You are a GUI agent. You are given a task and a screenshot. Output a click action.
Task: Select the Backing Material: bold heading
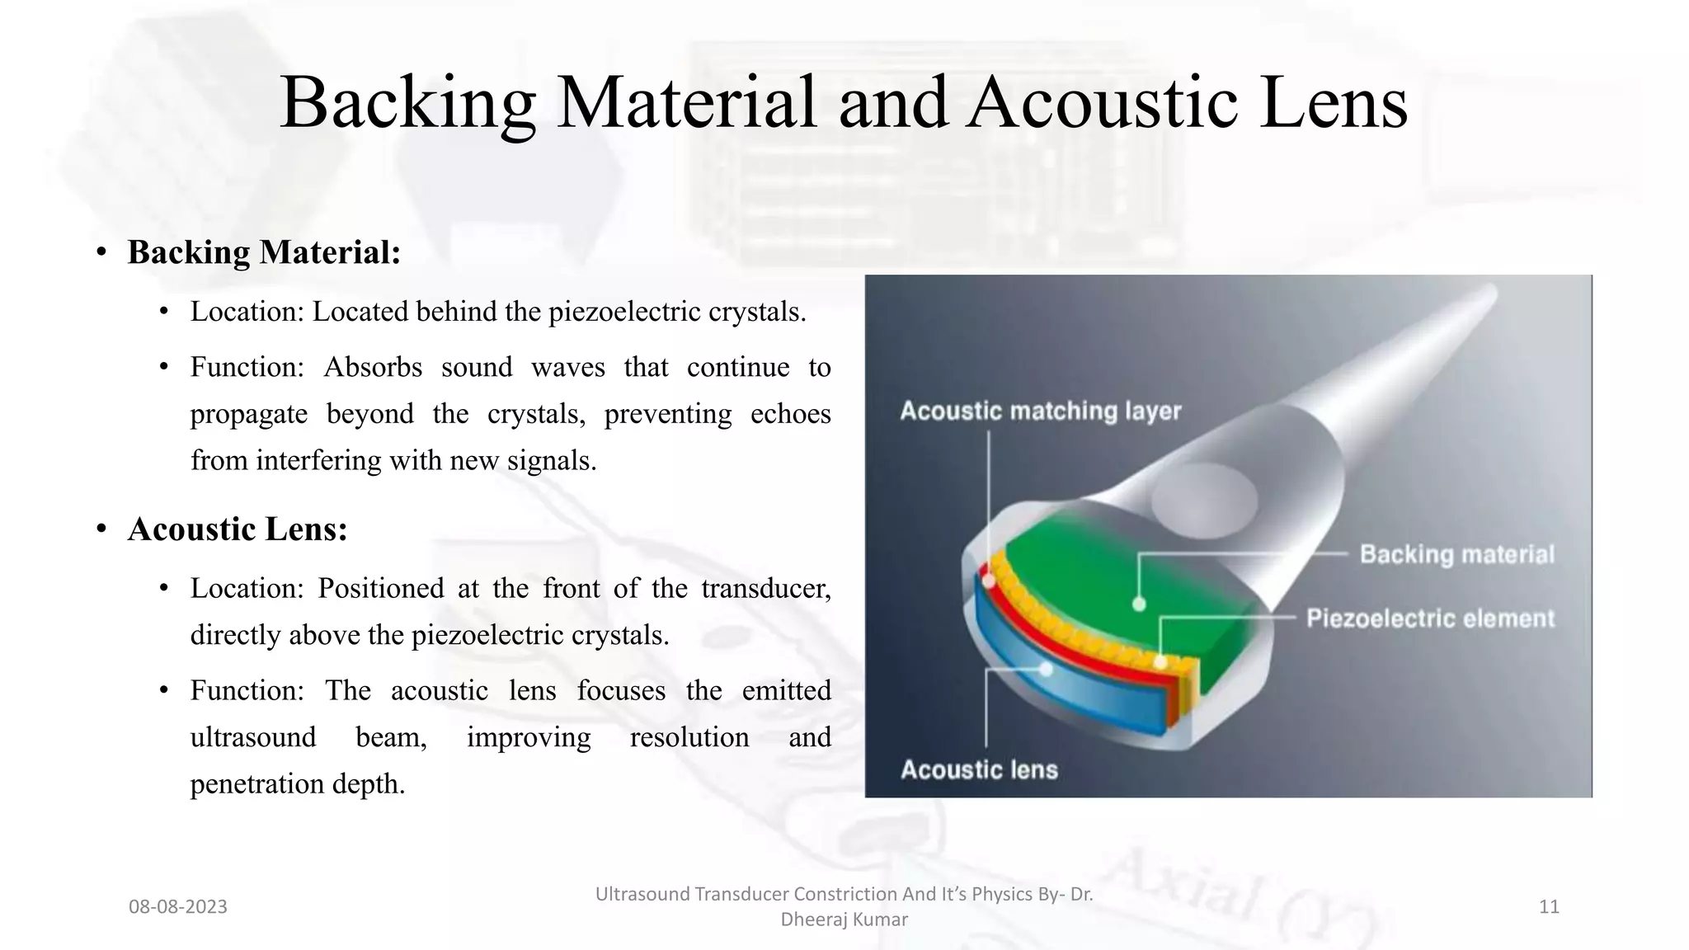click(264, 252)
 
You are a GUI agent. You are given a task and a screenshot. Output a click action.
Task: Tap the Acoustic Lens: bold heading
click(238, 529)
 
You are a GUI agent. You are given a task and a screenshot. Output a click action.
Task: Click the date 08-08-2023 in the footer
click(177, 907)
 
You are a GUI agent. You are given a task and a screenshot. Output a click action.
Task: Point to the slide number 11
click(1549, 907)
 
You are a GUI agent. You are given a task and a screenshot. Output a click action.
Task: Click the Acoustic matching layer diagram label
click(1040, 411)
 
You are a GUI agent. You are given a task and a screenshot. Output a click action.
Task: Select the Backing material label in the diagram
click(1456, 554)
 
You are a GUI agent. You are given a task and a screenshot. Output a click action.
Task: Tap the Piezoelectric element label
click(1430, 618)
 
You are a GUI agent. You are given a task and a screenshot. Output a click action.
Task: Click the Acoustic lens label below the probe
click(979, 769)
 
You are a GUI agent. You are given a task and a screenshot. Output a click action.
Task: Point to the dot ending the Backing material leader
click(1139, 604)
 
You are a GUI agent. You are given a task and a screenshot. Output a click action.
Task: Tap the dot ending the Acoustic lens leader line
click(1046, 669)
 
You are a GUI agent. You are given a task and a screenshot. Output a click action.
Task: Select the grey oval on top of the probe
click(1204, 500)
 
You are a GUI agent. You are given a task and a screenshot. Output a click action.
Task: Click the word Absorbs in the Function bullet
click(373, 367)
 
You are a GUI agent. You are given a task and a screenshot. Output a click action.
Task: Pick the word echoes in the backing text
click(790, 413)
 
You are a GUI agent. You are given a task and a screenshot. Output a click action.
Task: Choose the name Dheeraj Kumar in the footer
click(844, 919)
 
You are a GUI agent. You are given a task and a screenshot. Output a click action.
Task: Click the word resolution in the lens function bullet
click(689, 737)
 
